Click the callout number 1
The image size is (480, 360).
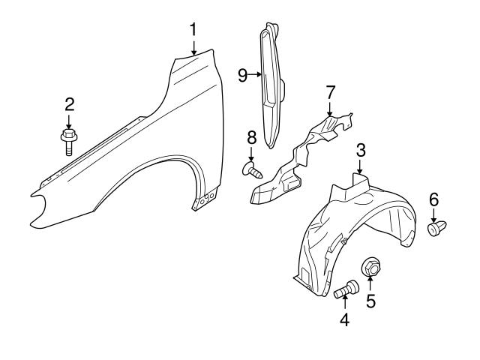pyautogui.click(x=193, y=30)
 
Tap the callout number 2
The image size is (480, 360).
pyautogui.click(x=68, y=103)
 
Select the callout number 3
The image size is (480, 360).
pyautogui.click(x=360, y=150)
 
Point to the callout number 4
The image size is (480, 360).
pyautogui.click(x=344, y=319)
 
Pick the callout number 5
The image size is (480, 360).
pyautogui.click(x=370, y=301)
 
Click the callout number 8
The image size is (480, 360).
pyautogui.click(x=251, y=137)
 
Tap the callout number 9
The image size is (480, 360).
pyautogui.click(x=242, y=74)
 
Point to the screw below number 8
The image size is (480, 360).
pyautogui.click(x=253, y=171)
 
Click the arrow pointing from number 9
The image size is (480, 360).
pyautogui.click(x=255, y=74)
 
